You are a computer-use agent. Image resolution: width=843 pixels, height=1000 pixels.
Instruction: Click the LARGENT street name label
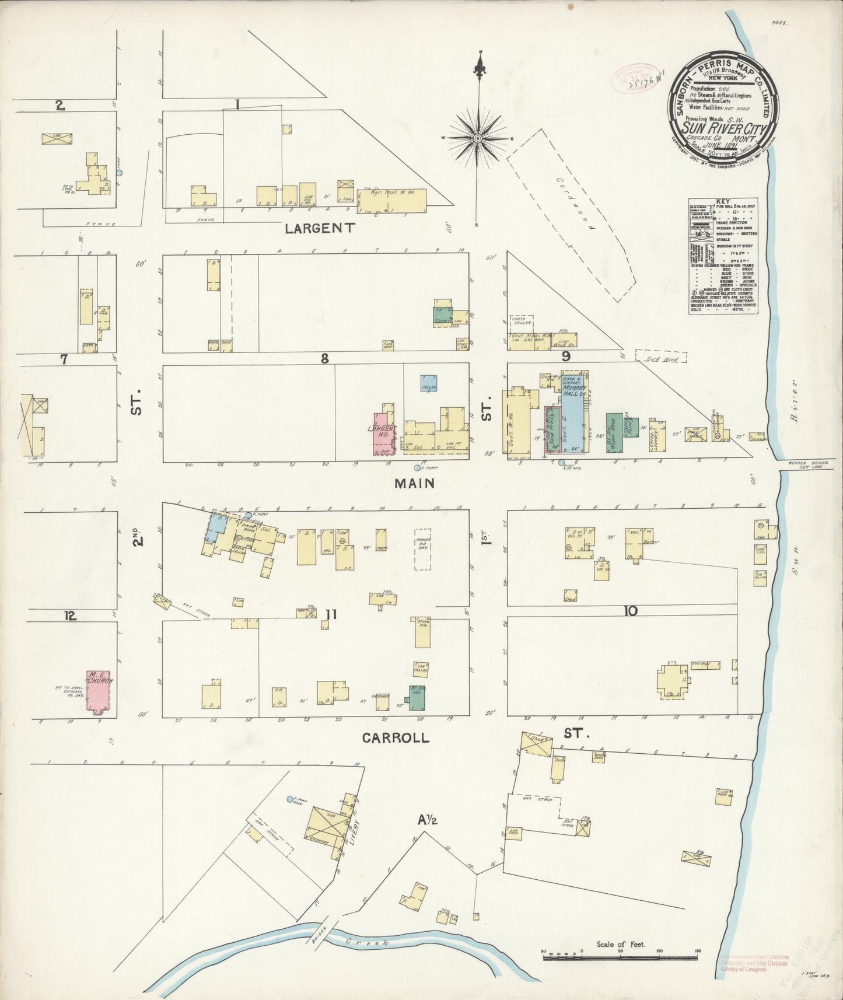click(319, 228)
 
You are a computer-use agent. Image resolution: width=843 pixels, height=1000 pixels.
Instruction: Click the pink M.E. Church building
click(99, 691)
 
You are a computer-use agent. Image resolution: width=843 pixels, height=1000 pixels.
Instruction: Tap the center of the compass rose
click(478, 138)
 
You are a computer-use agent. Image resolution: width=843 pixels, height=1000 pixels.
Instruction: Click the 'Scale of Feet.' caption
click(620, 944)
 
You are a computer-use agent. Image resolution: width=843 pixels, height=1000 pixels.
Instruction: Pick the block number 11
click(331, 614)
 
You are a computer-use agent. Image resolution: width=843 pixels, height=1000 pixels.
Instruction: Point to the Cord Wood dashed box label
click(660, 359)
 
